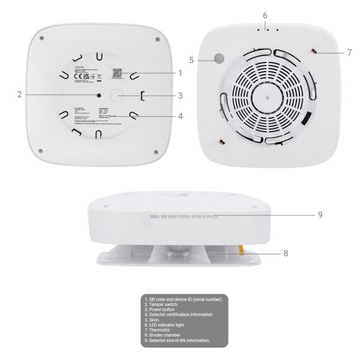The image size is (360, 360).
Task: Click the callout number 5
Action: click(191, 59)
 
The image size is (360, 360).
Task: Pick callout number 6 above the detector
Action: click(265, 14)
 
